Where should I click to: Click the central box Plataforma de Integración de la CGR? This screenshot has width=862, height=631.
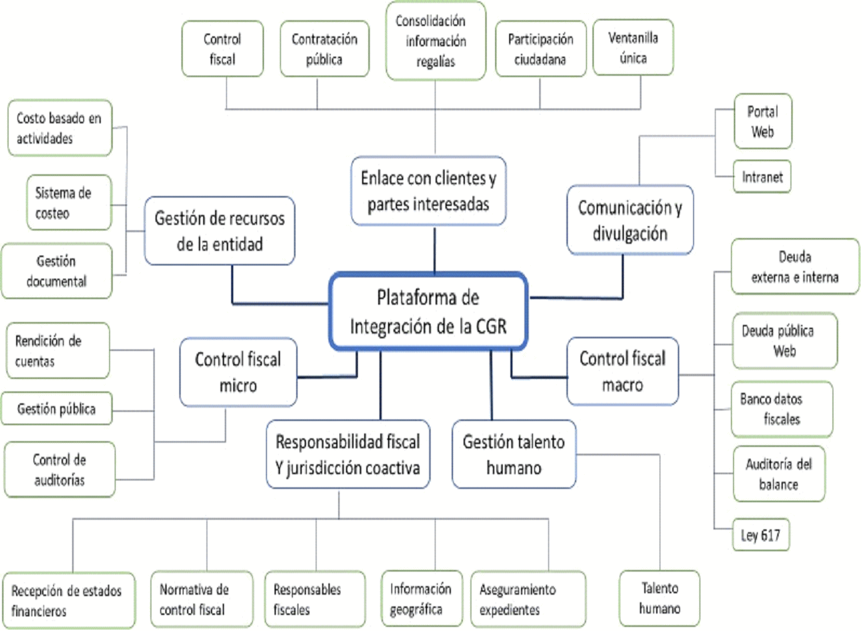pyautogui.click(x=428, y=312)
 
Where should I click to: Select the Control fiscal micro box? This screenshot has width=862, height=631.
pyautogui.click(x=238, y=372)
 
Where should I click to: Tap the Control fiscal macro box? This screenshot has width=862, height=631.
pyautogui.click(x=623, y=371)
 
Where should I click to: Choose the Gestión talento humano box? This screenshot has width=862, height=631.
pyautogui.click(x=514, y=454)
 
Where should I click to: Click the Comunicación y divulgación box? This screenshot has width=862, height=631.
pyautogui.click(x=630, y=220)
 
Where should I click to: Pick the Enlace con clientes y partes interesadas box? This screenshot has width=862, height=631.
pyautogui.click(x=428, y=190)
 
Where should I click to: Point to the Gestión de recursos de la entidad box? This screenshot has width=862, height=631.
pyautogui.click(x=220, y=230)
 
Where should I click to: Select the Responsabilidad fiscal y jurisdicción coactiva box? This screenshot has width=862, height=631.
pyautogui.click(x=348, y=455)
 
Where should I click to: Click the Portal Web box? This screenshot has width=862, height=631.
pyautogui.click(x=763, y=121)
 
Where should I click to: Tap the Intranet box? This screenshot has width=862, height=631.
pyautogui.click(x=763, y=177)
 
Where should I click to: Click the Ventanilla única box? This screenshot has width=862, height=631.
pyautogui.click(x=632, y=48)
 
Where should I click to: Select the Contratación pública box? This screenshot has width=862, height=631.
pyautogui.click(x=324, y=49)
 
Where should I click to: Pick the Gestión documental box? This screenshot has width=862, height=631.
pyautogui.click(x=57, y=271)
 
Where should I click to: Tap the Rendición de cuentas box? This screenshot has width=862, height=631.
pyautogui.click(x=56, y=351)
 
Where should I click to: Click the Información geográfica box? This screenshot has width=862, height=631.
pyautogui.click(x=421, y=599)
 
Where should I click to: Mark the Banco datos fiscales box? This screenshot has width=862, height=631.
pyautogui.click(x=781, y=409)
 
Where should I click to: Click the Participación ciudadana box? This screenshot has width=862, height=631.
pyautogui.click(x=541, y=49)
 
